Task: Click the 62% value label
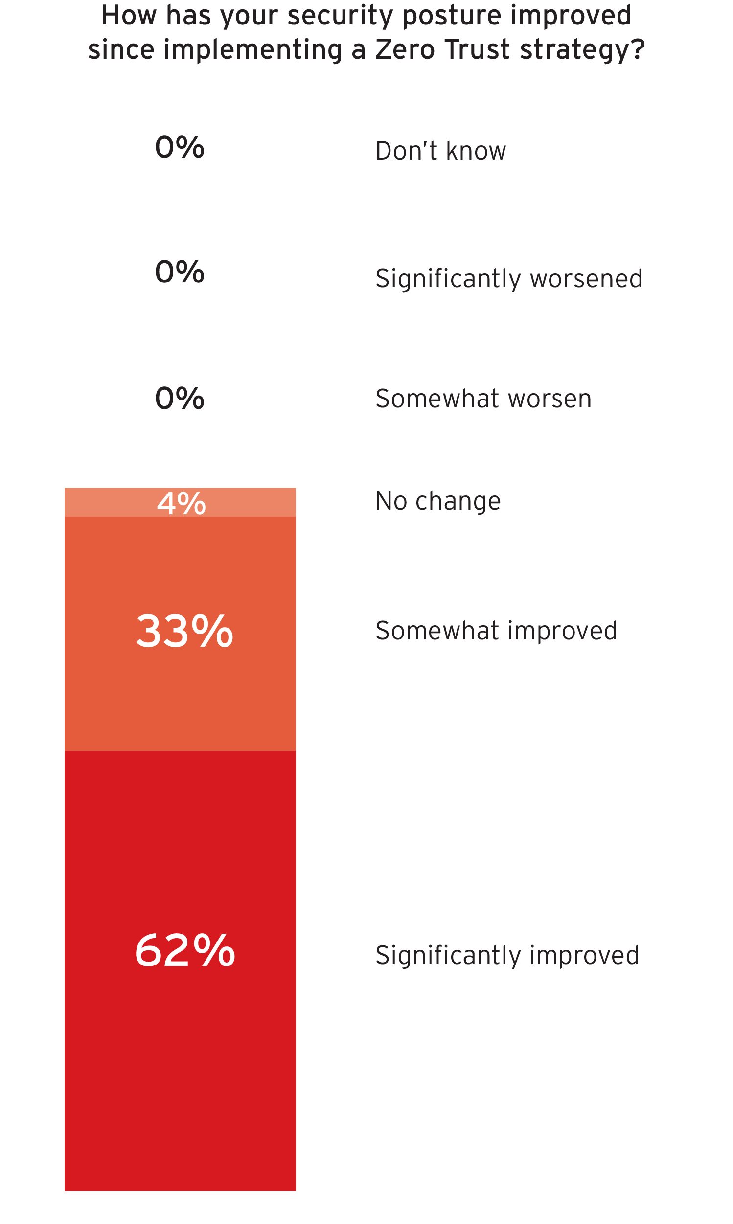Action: (185, 951)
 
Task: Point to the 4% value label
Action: (181, 503)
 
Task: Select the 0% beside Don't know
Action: (180, 147)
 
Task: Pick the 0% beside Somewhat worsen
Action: (180, 398)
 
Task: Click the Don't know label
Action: (440, 151)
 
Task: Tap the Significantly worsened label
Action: (509, 279)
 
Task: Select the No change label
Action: (438, 501)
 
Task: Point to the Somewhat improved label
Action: (496, 631)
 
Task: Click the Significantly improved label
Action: (507, 955)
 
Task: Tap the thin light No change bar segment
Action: (99, 502)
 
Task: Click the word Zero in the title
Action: (405, 49)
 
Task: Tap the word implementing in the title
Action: (252, 50)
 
